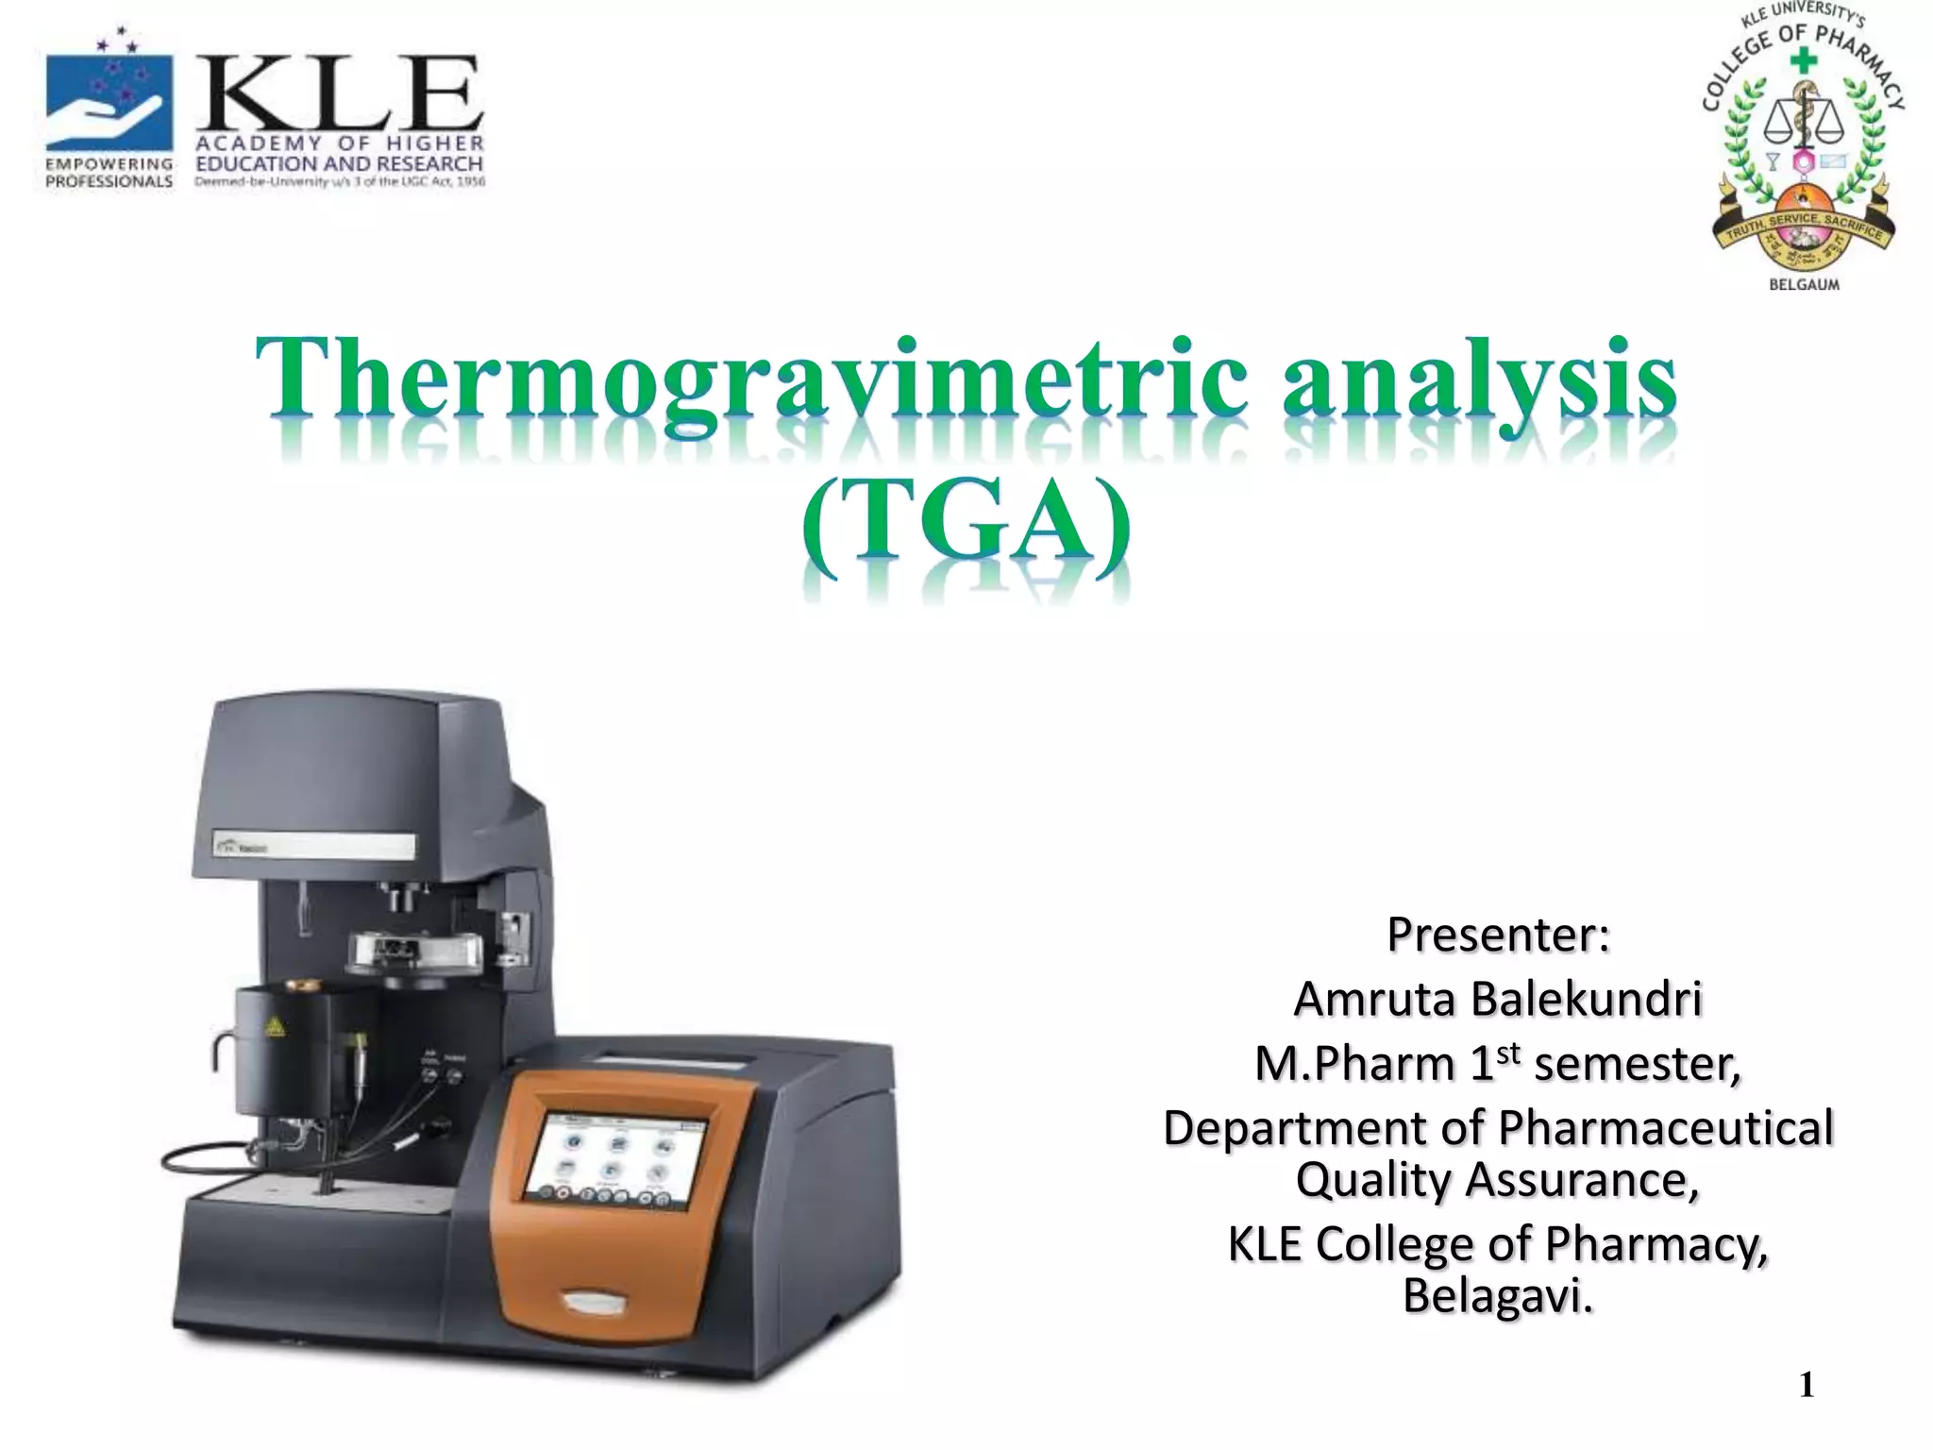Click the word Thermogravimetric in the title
751,383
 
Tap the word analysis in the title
1479,383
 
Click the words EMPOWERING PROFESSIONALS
109,173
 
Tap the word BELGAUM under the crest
1804,284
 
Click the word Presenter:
1498,935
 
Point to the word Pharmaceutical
1665,1127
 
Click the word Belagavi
1498,1294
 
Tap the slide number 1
1807,1385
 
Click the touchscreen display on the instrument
616,1164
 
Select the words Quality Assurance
1498,1179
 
